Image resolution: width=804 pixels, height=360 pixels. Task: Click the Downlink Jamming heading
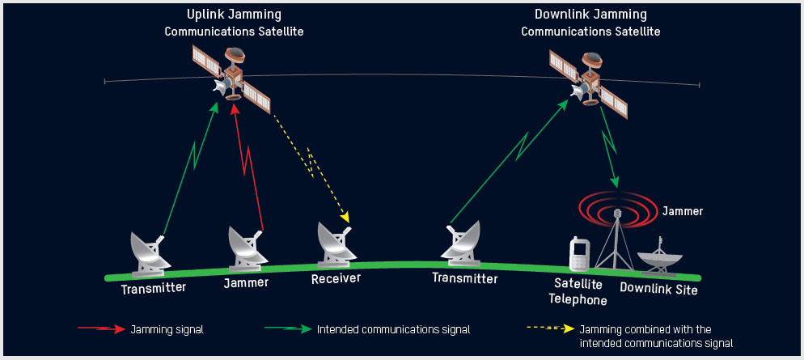point(590,15)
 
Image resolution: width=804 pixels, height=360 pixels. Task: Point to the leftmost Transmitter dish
point(151,252)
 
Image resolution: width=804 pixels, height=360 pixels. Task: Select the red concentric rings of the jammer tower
point(617,209)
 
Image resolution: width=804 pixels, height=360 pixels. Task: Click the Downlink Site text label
point(658,289)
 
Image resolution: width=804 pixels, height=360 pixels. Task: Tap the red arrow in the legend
point(101,329)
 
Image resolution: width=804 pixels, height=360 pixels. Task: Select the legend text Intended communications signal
point(393,329)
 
